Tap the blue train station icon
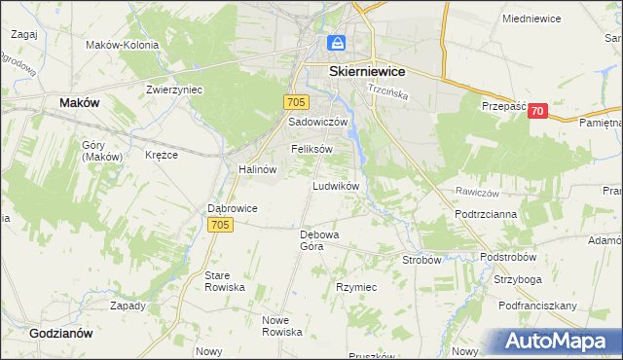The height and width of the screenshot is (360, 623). (336, 44)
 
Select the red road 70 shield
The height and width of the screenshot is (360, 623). (537, 112)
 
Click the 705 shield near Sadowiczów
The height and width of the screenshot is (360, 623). (298, 102)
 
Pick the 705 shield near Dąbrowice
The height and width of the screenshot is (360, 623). (220, 225)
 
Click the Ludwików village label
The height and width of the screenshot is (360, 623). (337, 185)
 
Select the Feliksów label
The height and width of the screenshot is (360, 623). (311, 149)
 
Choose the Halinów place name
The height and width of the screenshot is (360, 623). (258, 168)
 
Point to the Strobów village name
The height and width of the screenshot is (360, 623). (422, 260)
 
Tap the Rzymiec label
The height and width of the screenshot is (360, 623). (356, 288)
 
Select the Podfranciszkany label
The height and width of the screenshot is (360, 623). (537, 306)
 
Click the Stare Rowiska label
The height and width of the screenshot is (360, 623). (224, 282)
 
